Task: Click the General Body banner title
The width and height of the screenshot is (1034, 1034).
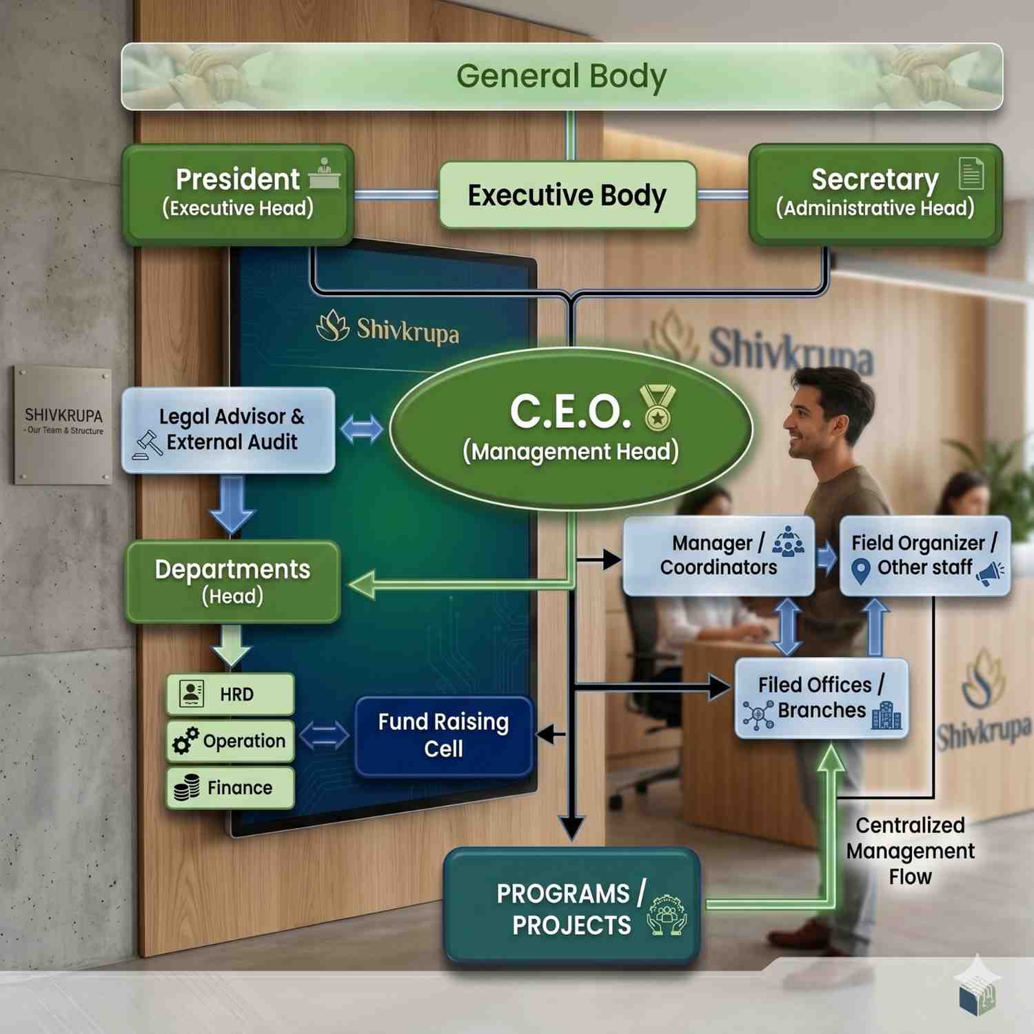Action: point(561,77)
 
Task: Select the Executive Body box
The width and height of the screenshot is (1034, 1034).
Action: point(567,195)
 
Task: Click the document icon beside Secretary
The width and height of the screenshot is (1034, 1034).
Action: point(971,173)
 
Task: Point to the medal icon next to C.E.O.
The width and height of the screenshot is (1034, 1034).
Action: point(658,407)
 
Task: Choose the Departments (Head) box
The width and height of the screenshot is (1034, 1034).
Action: point(233,582)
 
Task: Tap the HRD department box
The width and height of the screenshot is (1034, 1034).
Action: point(230,694)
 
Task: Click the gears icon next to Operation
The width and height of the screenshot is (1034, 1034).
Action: point(185,741)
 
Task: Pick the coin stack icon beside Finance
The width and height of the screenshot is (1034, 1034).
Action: point(187,787)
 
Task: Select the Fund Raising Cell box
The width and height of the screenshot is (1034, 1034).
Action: point(444,736)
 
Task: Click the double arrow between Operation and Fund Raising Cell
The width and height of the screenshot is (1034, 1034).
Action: point(325,736)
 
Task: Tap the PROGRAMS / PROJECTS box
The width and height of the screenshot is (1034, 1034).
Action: point(571,906)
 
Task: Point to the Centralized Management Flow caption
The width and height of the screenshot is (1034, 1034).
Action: point(910,851)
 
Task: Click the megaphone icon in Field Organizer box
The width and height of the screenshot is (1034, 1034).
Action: point(990,574)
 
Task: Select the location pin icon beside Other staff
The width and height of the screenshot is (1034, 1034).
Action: point(860,571)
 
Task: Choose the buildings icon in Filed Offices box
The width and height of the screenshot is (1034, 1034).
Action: point(886,716)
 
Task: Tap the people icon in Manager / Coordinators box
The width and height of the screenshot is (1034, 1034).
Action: point(788,542)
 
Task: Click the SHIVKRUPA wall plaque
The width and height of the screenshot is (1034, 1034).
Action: point(63,425)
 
